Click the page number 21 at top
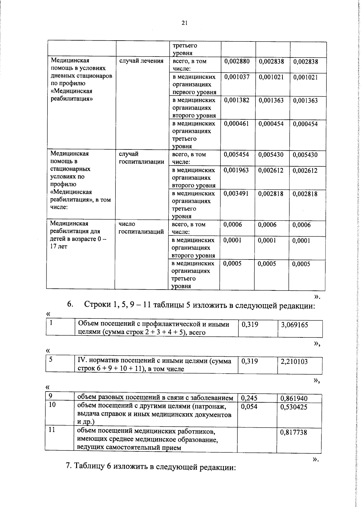pyautogui.click(x=184, y=23)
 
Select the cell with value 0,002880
pyautogui.click(x=237, y=61)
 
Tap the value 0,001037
pyautogui.click(x=237, y=77)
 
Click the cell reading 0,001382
pyautogui.click(x=237, y=100)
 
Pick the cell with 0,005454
pyautogui.click(x=236, y=155)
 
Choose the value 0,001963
pyautogui.click(x=236, y=170)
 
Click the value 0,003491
pyautogui.click(x=236, y=194)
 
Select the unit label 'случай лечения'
pyautogui.click(x=141, y=61)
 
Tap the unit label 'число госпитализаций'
pyautogui.click(x=141, y=228)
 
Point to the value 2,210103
pyautogui.click(x=294, y=362)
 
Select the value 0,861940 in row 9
pyautogui.click(x=294, y=399)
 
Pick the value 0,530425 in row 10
pyautogui.click(x=294, y=407)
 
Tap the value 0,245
pyautogui.click(x=249, y=398)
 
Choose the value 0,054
pyautogui.click(x=249, y=407)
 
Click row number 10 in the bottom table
pyautogui.click(x=52, y=405)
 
